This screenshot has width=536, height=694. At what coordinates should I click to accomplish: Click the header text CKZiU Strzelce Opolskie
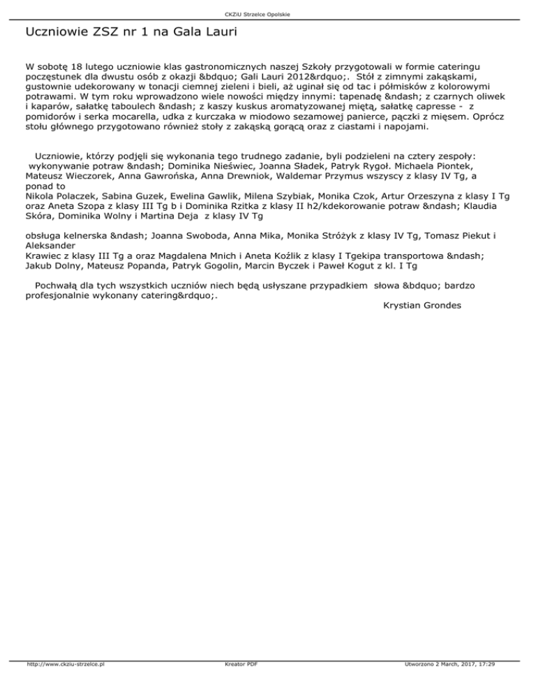[268, 14]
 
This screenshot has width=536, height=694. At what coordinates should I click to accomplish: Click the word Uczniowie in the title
[57, 32]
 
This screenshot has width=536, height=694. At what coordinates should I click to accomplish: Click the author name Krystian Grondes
[422, 306]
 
